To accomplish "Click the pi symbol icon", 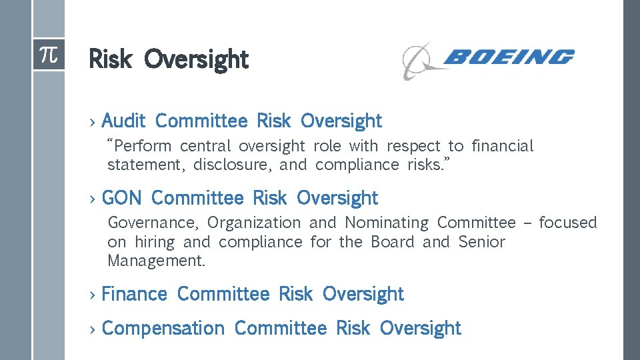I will coord(49,54).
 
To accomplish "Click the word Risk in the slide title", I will coord(111,59).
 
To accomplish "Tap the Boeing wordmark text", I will coord(507,57).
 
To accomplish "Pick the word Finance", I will coord(134,294).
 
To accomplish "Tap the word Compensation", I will coord(163,328).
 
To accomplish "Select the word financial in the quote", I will coord(502,146).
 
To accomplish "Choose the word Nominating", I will coord(387,223).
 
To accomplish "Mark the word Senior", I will coord(481,242).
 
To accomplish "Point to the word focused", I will coord(567,223).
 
